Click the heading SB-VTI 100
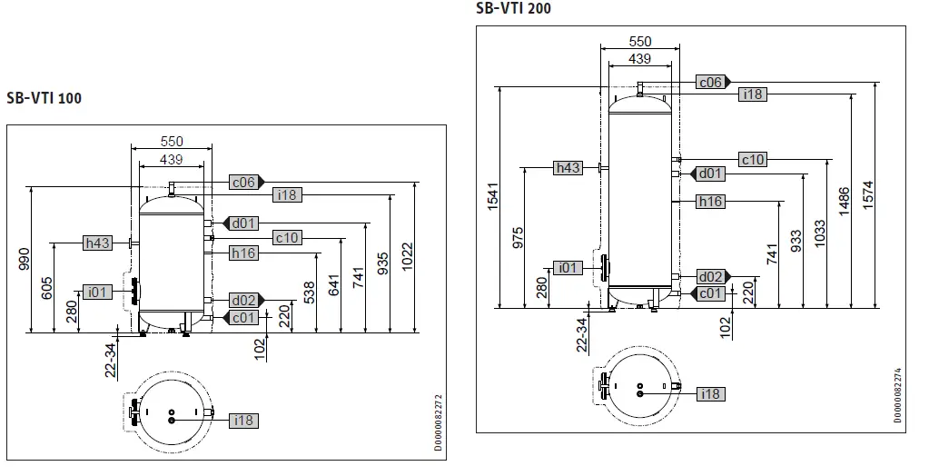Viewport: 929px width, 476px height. [44, 98]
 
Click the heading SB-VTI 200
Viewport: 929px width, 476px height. [513, 8]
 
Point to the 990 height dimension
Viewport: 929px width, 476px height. [25, 258]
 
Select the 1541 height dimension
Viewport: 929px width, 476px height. [493, 197]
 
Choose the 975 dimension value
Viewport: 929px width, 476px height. [518, 236]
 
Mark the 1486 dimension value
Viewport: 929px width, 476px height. [844, 202]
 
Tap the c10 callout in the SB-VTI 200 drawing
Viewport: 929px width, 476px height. [753, 160]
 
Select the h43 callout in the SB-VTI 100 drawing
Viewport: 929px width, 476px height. [97, 243]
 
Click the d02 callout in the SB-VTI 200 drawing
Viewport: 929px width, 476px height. [710, 276]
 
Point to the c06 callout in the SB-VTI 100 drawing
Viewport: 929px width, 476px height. [242, 183]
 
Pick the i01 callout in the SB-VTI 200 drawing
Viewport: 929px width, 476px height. [568, 267]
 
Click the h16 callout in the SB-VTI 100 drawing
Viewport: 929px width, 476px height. [243, 253]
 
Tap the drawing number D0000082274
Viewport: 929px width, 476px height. [898, 395]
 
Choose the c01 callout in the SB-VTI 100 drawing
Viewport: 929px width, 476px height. [243, 317]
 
